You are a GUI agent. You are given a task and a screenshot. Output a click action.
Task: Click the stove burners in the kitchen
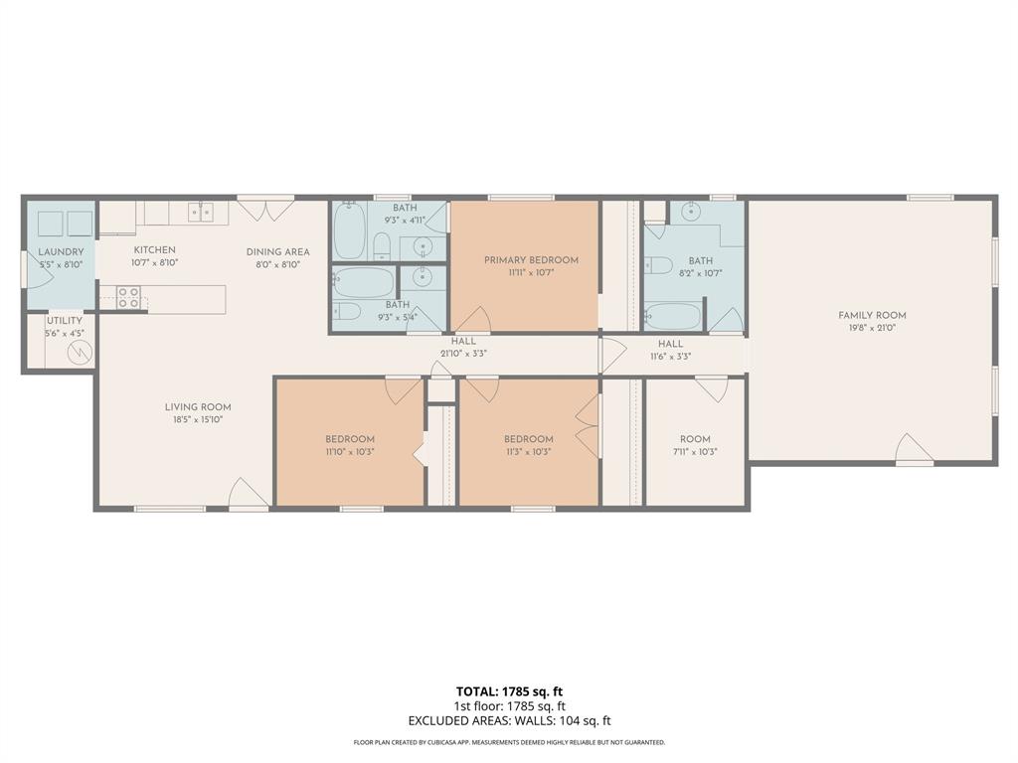pos(127,297)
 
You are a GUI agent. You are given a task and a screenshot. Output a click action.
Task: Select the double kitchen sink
pos(200,211)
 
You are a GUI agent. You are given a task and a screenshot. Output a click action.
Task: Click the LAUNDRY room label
pos(61,252)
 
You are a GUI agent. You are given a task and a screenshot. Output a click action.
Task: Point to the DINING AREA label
pos(277,252)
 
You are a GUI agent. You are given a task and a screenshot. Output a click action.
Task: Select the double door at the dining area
pos(265,210)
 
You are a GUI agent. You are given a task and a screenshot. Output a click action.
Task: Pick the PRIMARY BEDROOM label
pos(531,260)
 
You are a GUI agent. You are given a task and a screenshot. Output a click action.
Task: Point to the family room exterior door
pos(914,450)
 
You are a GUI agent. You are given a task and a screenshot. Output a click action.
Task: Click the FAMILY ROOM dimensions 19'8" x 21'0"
pos(872,328)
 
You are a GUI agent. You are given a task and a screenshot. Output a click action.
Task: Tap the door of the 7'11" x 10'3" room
pos(711,388)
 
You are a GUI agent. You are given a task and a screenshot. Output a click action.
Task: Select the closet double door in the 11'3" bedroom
pos(588,425)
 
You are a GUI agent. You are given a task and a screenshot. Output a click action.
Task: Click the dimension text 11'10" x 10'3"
pos(349,451)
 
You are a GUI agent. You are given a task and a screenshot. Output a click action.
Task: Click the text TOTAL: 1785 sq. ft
pos(509,691)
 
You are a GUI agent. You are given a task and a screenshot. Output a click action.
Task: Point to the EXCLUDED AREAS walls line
pos(509,721)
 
